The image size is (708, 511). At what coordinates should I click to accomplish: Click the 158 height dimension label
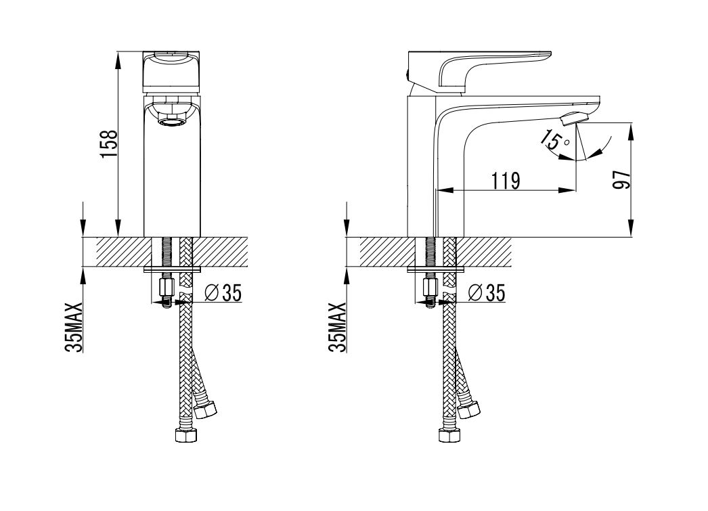110,144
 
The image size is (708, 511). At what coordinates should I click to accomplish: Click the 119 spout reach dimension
506,181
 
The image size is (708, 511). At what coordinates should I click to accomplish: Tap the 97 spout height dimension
622,179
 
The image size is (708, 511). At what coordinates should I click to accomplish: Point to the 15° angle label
555,141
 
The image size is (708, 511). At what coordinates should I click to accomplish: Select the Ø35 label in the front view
223,294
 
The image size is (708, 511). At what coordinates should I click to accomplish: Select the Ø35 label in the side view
486,294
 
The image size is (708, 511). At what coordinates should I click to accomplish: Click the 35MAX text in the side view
338,328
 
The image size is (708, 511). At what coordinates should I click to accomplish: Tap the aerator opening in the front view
171,121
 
